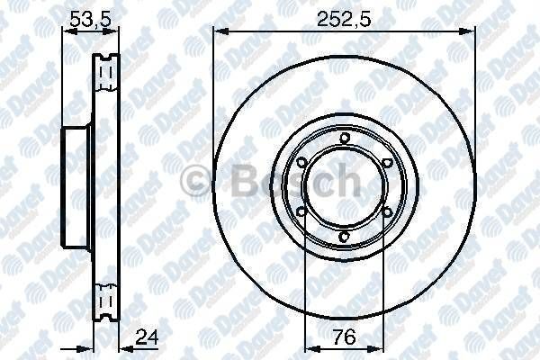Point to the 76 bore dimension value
click(x=343, y=338)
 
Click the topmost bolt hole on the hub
click(x=344, y=138)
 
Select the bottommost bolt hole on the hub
click(x=344, y=238)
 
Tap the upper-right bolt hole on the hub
click(x=387, y=163)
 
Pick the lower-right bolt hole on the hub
click(x=387, y=213)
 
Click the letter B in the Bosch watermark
click(x=231, y=183)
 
